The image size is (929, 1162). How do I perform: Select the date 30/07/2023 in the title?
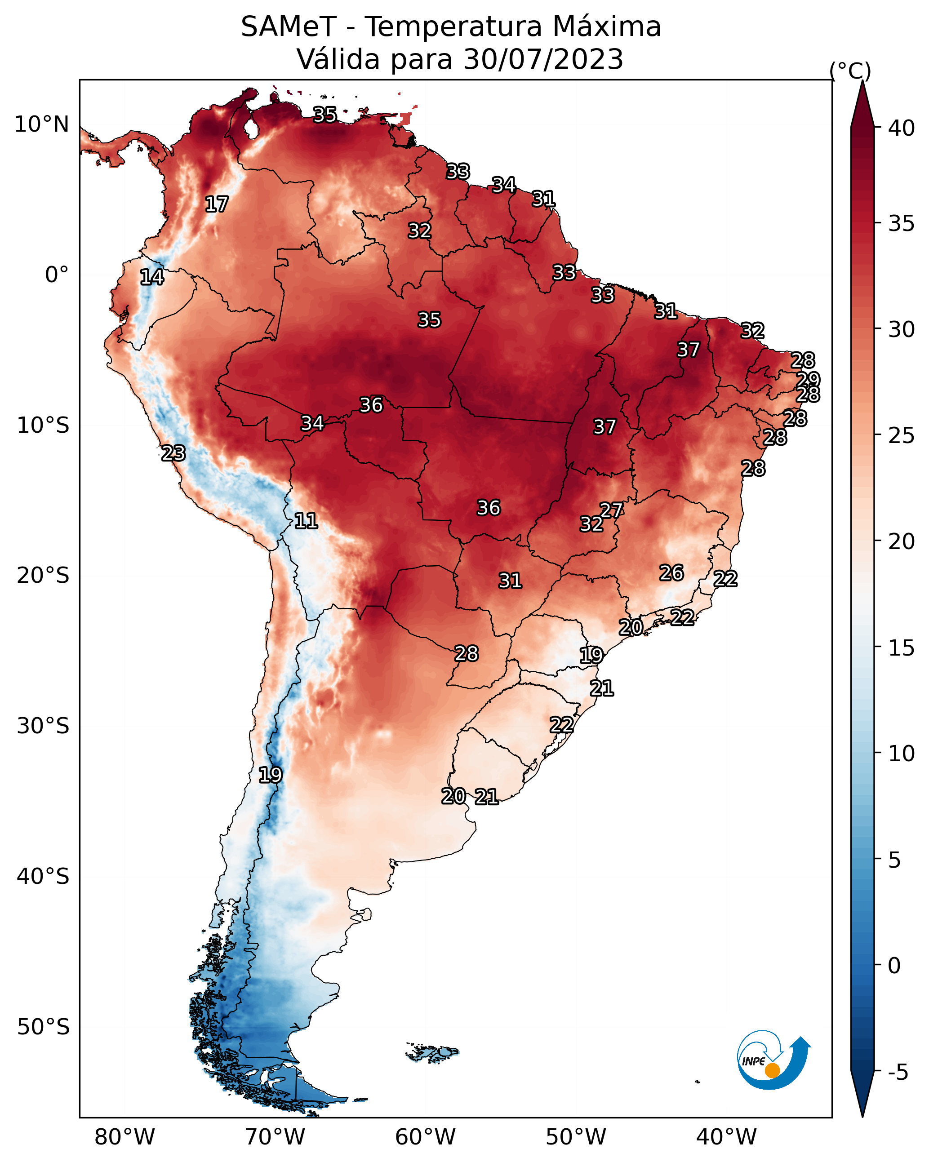(543, 59)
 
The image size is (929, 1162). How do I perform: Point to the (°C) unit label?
(850, 71)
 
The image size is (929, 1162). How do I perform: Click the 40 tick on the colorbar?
(902, 128)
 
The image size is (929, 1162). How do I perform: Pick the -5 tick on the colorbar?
(898, 1073)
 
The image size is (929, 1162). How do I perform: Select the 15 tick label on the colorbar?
(902, 648)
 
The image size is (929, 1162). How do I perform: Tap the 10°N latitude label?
(41, 124)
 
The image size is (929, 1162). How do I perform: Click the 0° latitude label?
(57, 275)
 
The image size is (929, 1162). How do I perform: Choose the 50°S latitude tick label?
(43, 1027)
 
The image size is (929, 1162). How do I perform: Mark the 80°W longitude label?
(124, 1137)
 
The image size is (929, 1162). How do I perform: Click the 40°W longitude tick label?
(726, 1137)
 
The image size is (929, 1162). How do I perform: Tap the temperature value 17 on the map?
(217, 204)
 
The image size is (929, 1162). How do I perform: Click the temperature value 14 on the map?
(152, 277)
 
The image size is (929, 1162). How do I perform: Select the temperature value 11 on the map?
(306, 521)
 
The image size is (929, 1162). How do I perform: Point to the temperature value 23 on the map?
(173, 453)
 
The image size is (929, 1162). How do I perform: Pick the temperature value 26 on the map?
(671, 573)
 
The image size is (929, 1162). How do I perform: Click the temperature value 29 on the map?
(808, 379)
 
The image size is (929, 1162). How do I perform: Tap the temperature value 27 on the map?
(611, 510)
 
